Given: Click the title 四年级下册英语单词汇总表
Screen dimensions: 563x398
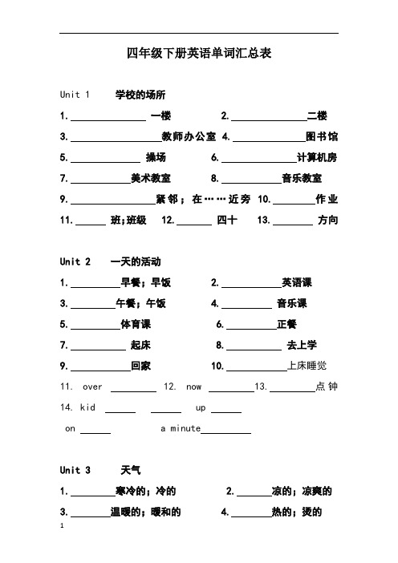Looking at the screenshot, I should click(x=199, y=54).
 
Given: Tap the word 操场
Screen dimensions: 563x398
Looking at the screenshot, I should click(x=156, y=157).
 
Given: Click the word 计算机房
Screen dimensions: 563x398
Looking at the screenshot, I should click(x=317, y=157).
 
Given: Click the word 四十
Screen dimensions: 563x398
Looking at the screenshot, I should click(x=227, y=220).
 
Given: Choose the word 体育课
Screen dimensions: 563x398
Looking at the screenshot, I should click(x=136, y=325).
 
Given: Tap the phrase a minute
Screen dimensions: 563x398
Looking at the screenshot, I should click(x=181, y=429).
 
